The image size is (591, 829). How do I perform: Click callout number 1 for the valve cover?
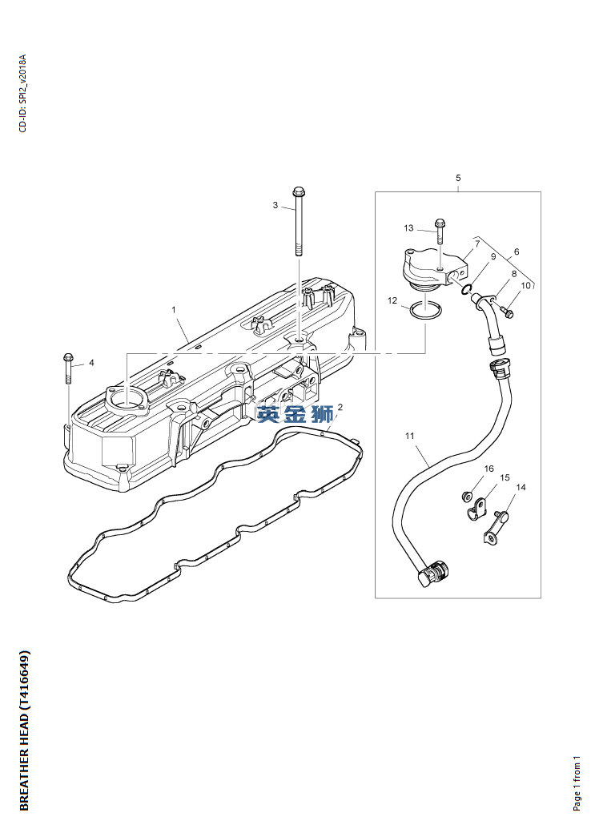tap(174, 310)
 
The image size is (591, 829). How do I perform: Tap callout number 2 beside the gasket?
tap(340, 407)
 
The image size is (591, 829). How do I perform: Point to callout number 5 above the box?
tap(458, 178)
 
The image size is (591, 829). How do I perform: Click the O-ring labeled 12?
tap(425, 311)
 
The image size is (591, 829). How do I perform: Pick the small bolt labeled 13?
tap(440, 231)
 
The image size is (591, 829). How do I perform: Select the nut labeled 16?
tap(467, 497)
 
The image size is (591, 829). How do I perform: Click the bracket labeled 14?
tap(496, 527)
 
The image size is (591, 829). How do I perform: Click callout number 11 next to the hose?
tap(410, 437)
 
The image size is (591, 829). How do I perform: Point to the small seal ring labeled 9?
tap(466, 290)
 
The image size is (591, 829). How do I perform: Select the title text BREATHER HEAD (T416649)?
tap(24, 730)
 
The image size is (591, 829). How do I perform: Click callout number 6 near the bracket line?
tap(517, 252)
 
